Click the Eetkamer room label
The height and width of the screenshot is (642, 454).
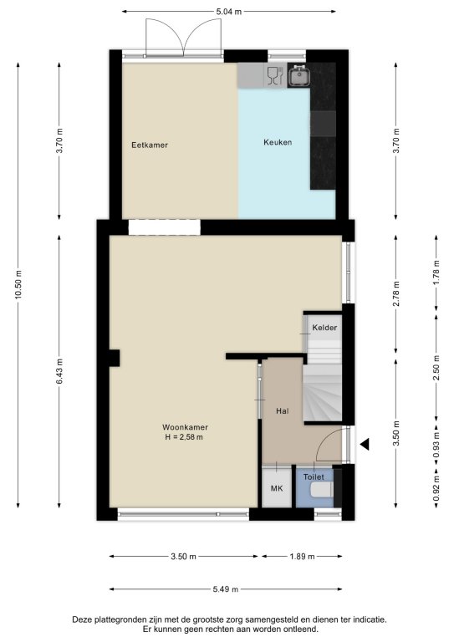(x=150, y=145)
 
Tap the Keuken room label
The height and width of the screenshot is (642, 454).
(x=278, y=142)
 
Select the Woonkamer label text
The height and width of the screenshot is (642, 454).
(x=185, y=427)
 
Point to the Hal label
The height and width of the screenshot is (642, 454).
(x=283, y=411)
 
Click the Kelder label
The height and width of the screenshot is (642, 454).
(x=324, y=328)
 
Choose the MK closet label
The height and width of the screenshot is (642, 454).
(x=277, y=488)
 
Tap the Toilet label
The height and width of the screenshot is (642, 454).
(x=314, y=477)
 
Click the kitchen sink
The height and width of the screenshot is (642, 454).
(x=299, y=76)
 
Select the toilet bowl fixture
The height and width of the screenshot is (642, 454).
(x=322, y=489)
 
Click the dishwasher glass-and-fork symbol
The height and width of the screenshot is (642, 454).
(x=275, y=76)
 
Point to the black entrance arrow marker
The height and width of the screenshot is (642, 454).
(x=365, y=444)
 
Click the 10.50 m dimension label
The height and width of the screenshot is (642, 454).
(x=18, y=284)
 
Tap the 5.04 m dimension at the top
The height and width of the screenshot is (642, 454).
(x=229, y=12)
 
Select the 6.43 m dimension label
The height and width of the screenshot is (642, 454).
(x=59, y=371)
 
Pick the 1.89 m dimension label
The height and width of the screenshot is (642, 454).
(x=302, y=556)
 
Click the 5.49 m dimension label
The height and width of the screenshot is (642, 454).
(x=226, y=589)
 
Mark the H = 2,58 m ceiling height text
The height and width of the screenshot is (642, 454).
(x=184, y=437)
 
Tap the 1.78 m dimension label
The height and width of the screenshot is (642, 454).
(x=436, y=273)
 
